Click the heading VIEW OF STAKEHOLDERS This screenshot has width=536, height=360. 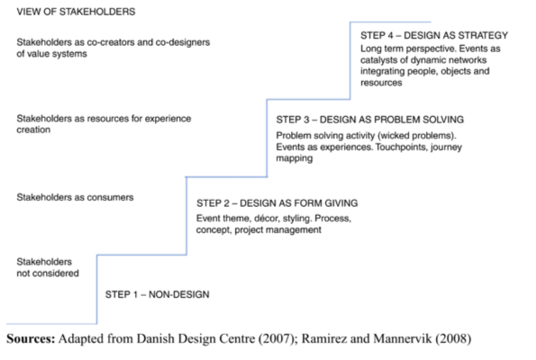point(76,12)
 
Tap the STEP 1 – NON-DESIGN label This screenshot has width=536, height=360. point(158,294)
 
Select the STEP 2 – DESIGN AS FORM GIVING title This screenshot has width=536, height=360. point(277,203)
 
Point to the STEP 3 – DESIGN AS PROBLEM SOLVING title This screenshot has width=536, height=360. point(370,120)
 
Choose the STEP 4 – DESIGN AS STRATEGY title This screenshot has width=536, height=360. point(434,35)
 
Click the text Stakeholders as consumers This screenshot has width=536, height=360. point(75,197)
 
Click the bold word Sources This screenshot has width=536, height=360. point(31,338)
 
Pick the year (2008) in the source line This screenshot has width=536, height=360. point(453,338)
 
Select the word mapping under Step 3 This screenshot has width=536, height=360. point(295,158)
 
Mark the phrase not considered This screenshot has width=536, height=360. point(48,274)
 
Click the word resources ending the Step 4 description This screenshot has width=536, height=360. point(381,83)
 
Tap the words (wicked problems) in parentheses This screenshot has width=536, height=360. point(417,136)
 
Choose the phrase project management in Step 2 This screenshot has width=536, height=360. point(278,229)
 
